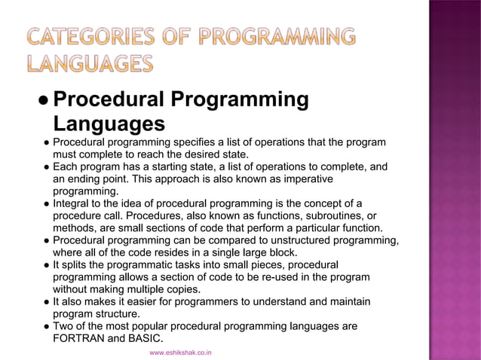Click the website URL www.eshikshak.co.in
pyautogui.click(x=181, y=352)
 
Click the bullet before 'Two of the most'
pyautogui.click(x=45, y=326)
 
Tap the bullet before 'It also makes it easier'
pyautogui.click(x=45, y=301)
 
